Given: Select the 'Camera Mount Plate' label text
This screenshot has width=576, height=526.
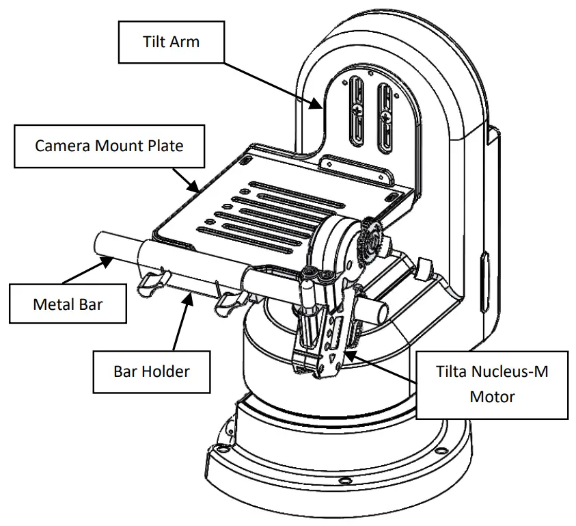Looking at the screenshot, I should pyautogui.click(x=109, y=146).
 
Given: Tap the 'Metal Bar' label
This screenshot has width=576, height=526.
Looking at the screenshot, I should pyautogui.click(x=67, y=304).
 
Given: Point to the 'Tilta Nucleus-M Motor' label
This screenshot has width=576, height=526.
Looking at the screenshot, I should pyautogui.click(x=492, y=384).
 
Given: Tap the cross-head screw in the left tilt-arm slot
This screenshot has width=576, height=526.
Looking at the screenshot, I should pyautogui.click(x=356, y=111).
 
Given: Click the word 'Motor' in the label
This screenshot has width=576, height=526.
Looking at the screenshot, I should pyautogui.click(x=492, y=397).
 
